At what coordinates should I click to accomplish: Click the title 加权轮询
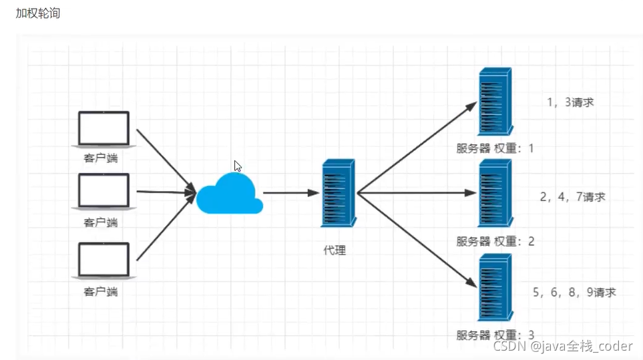pos(38,13)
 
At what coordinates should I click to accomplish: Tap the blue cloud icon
pos(230,194)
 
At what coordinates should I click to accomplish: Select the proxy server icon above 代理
pos(339,193)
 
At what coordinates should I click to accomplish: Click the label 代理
pos(335,250)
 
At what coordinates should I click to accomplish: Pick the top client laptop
pos(103,129)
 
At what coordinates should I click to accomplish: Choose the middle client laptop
pos(103,192)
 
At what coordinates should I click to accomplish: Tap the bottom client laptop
pos(103,260)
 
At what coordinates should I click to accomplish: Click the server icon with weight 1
pos(495,102)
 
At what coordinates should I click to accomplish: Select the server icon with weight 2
pos(495,193)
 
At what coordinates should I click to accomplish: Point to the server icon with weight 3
pos(495,287)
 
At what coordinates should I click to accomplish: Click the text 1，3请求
pos(570,102)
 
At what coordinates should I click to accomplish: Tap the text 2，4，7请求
pos(572,197)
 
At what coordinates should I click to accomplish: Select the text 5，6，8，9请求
pos(574,292)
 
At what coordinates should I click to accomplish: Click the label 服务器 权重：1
pos(495,148)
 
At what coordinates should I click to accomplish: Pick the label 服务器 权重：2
pos(495,241)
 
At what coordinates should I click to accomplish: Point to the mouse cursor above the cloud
pos(238,166)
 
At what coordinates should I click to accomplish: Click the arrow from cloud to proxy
pos(291,193)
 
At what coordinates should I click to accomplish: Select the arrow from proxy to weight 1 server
pos(417,148)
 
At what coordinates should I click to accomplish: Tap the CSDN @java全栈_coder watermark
pos(563,346)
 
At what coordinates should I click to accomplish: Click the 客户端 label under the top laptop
pos(101,158)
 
